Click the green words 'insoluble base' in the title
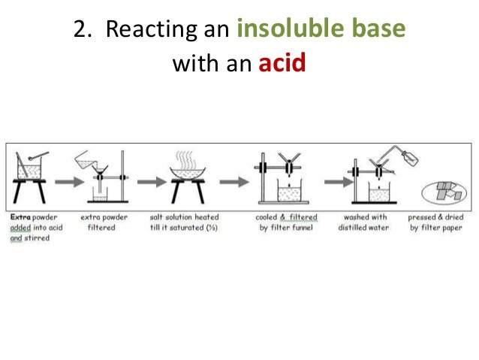pyautogui.click(x=321, y=30)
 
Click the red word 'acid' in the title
pyautogui.click(x=282, y=63)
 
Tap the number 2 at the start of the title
pyautogui.click(x=79, y=31)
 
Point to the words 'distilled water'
pyautogui.click(x=363, y=228)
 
